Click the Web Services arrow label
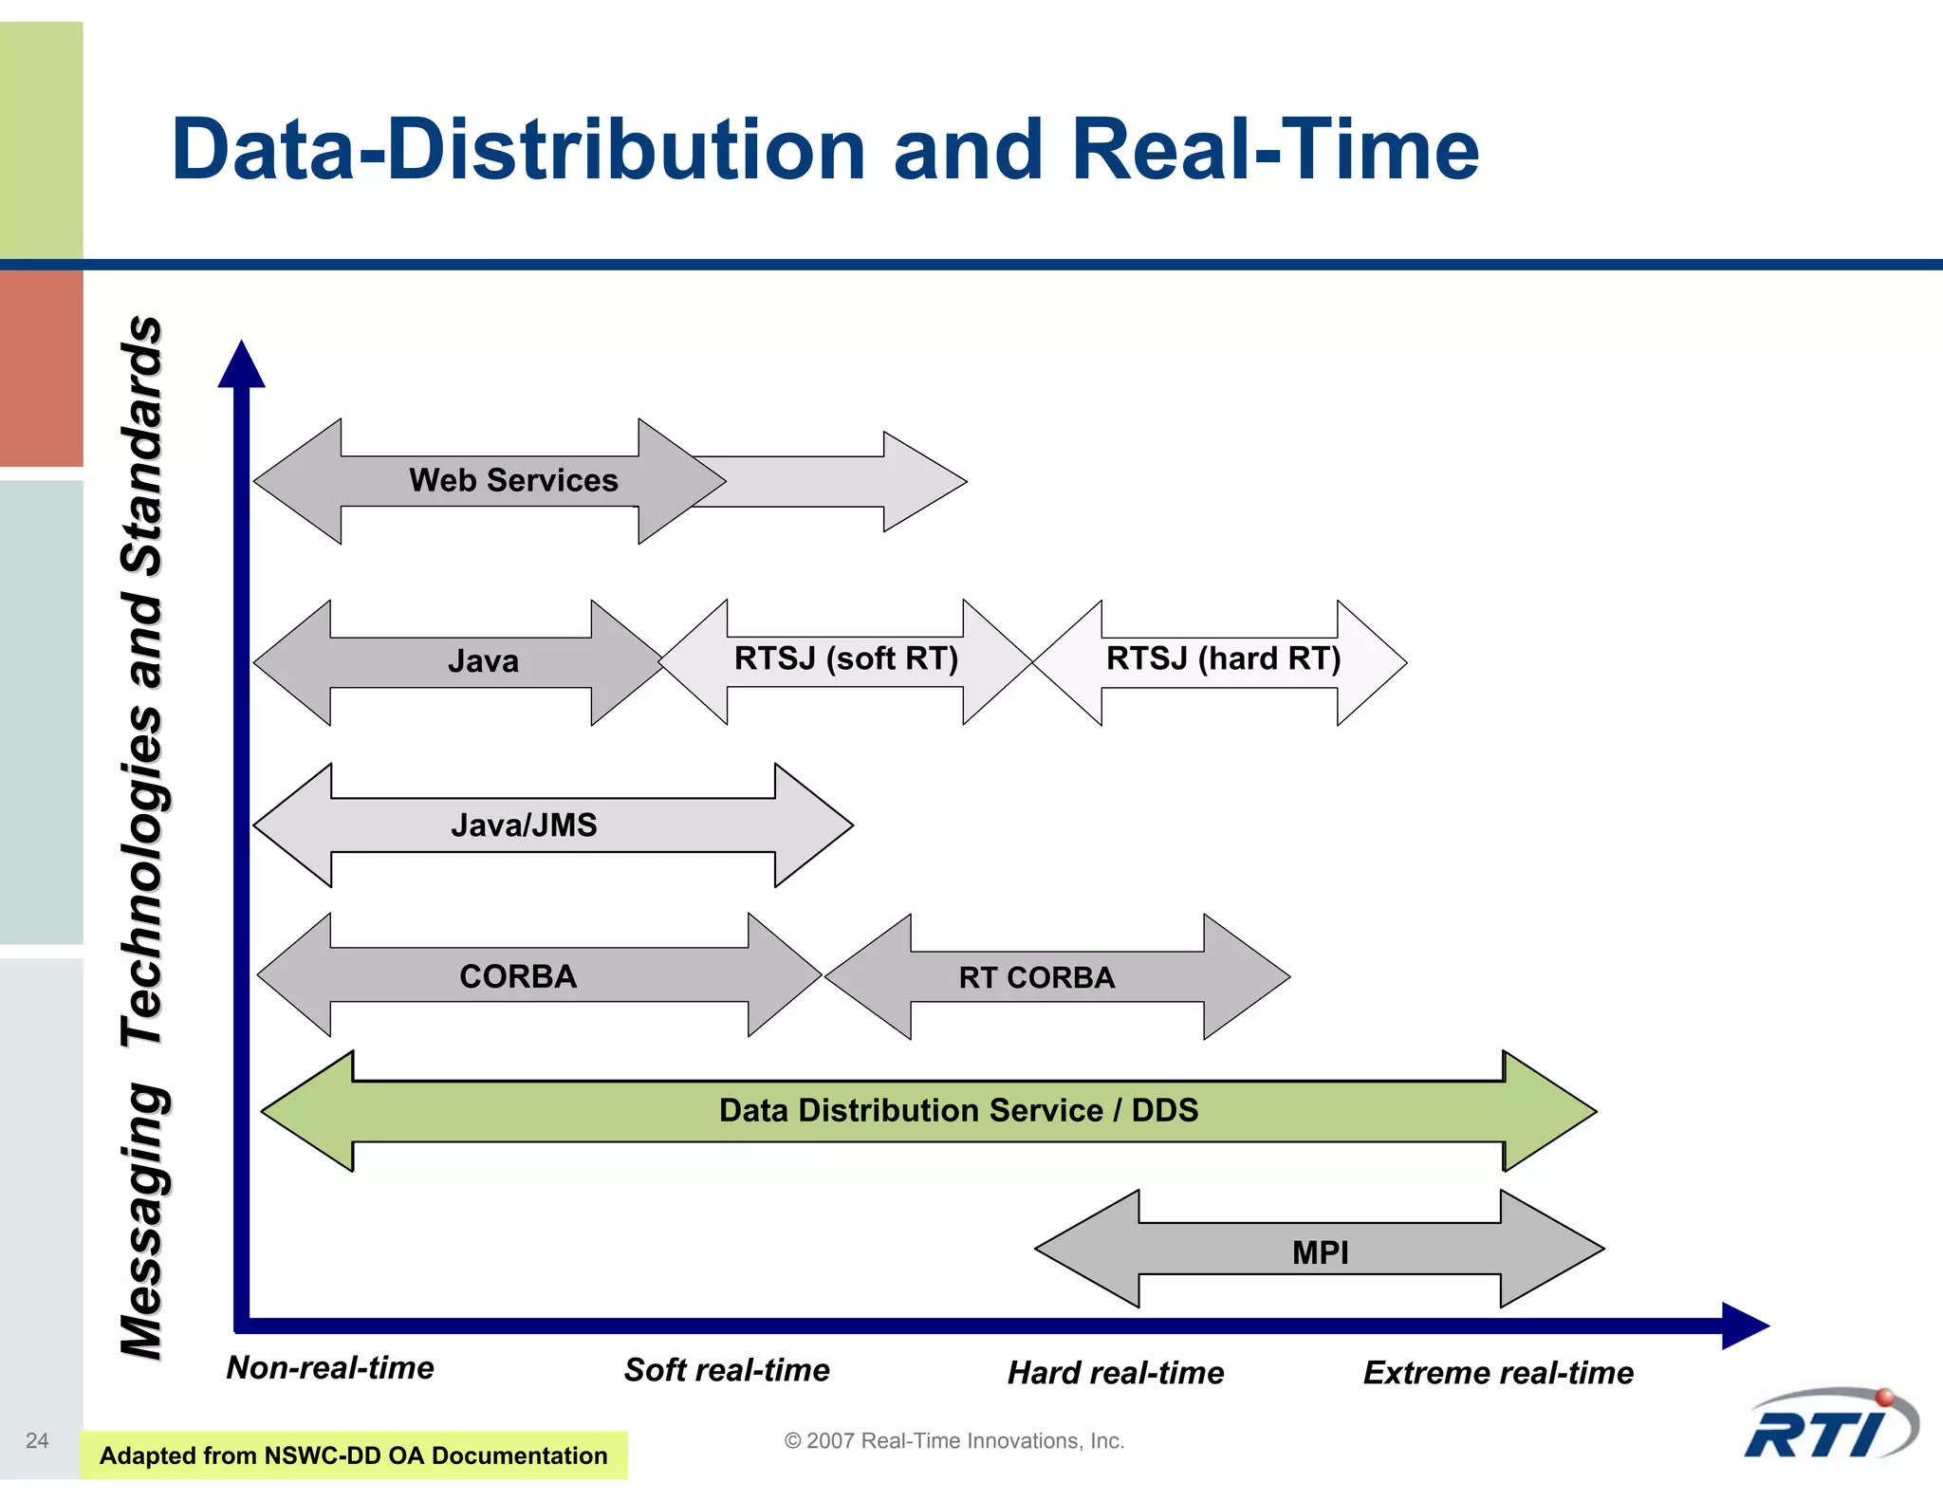(513, 481)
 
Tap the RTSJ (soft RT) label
(845, 658)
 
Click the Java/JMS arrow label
(524, 825)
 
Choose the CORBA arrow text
(518, 976)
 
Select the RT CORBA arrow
(1036, 977)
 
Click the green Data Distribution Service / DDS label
(958, 1110)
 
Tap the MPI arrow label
(1320, 1252)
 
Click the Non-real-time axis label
(330, 1367)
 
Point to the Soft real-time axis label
(727, 1370)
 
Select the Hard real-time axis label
(1116, 1373)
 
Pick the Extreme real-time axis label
(1498, 1373)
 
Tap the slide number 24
(37, 1440)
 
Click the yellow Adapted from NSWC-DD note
(353, 1455)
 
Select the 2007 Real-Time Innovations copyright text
(953, 1440)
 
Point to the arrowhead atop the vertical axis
(242, 365)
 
